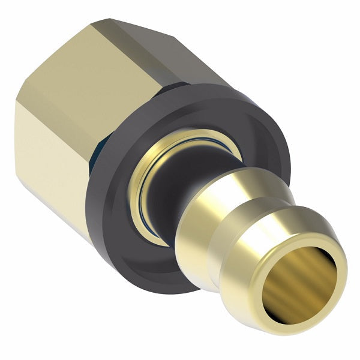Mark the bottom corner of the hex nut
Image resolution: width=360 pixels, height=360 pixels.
(90, 240)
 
